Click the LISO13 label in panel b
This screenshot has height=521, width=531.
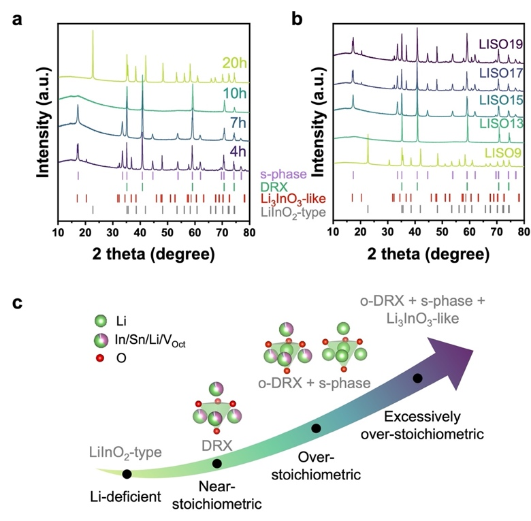point(501,123)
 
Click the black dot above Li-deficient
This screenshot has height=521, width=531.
point(127,473)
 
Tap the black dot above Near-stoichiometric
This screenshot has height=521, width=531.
point(217,463)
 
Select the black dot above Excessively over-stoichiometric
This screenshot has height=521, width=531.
point(417,378)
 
